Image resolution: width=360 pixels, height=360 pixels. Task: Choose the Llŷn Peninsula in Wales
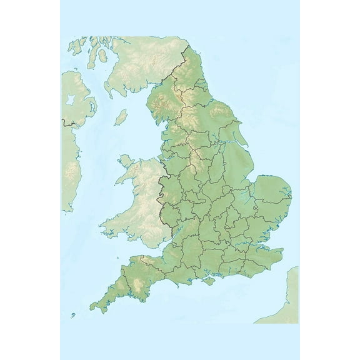pos(119,181)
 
